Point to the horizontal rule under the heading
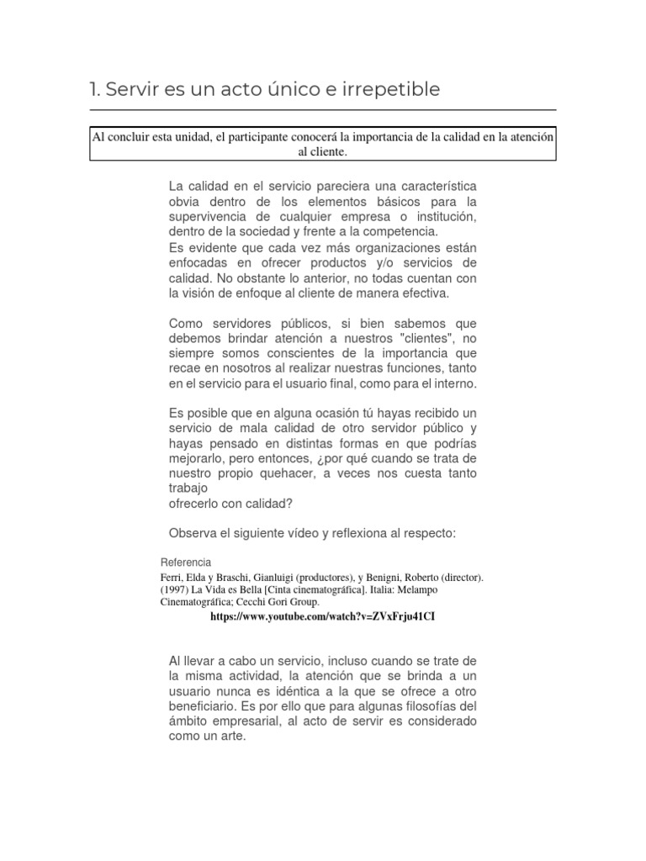click(x=322, y=110)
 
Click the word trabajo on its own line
click(x=188, y=489)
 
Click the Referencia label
click(x=185, y=563)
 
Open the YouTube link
click(x=322, y=616)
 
